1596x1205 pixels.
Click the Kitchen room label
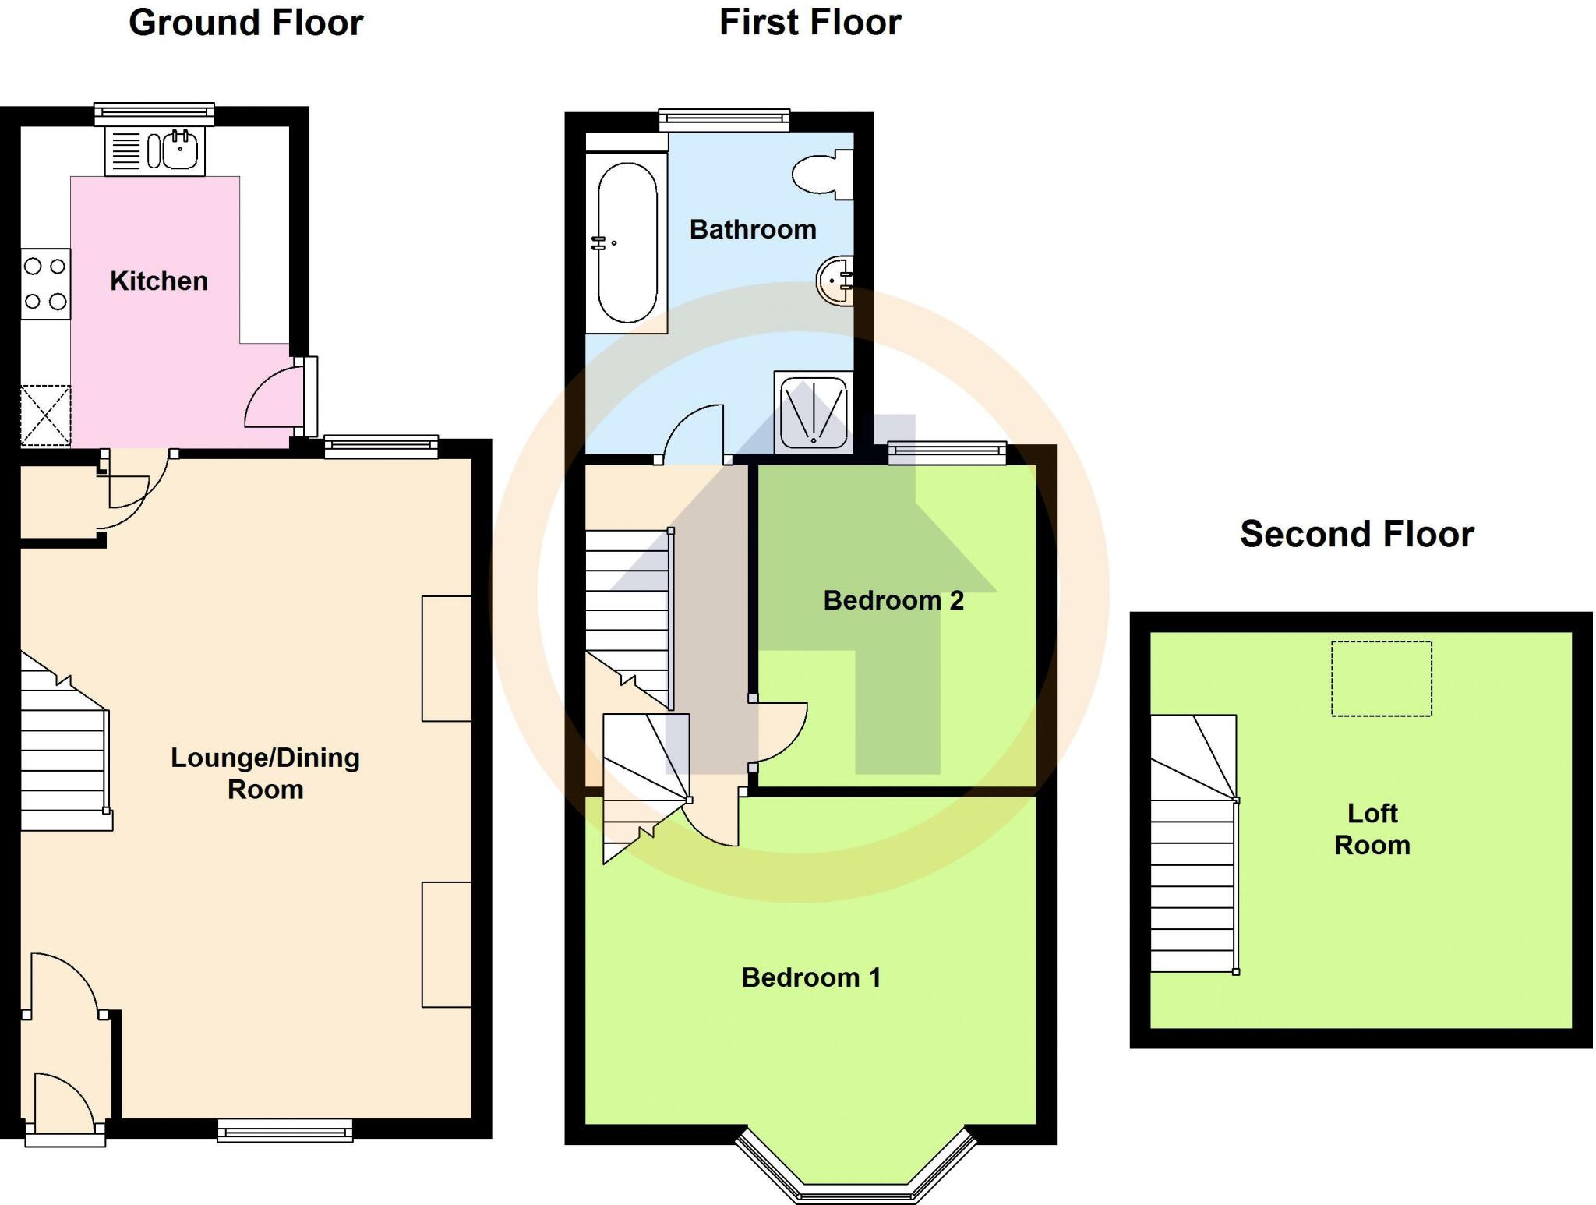[159, 281]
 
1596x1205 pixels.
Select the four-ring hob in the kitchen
[45, 284]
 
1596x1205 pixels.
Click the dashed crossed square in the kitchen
[45, 415]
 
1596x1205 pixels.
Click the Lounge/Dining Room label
[265, 773]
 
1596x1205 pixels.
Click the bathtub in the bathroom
[627, 242]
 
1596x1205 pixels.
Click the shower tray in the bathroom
[814, 412]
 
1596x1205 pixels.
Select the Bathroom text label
[753, 229]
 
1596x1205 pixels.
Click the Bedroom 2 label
[893, 600]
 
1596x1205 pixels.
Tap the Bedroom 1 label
[810, 977]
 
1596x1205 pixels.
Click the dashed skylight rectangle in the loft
[1381, 678]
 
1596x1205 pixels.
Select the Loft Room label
[1372, 829]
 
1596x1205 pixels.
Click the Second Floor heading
[1357, 535]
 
